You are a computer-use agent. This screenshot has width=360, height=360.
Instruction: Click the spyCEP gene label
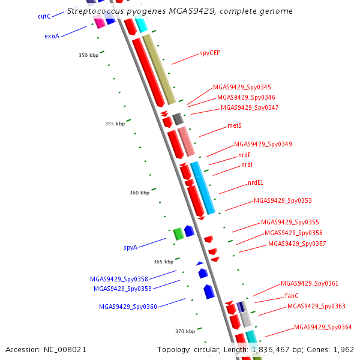[x=210, y=53]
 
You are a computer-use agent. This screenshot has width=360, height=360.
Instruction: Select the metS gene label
[x=235, y=125]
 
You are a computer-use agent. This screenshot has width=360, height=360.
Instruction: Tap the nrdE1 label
[x=256, y=182]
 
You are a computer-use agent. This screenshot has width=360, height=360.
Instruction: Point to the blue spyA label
[x=130, y=247]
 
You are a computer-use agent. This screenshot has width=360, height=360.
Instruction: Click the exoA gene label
[x=52, y=36]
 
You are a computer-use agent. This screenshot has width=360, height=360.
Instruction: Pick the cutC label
[x=44, y=16]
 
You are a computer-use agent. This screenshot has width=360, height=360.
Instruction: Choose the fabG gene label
[x=292, y=296]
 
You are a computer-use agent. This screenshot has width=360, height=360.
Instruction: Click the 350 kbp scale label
[x=89, y=55]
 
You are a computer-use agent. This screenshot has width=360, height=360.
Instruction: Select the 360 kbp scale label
[x=140, y=193]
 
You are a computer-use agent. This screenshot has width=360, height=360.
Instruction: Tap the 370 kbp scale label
[x=185, y=331]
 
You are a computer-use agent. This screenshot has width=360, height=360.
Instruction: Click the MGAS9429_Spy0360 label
[x=128, y=307]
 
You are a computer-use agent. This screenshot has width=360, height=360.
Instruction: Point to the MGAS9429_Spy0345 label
[x=242, y=87]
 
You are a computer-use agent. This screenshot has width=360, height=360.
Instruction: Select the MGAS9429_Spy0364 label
[x=323, y=327]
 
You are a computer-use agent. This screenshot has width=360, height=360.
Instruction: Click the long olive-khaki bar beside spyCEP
[x=159, y=70]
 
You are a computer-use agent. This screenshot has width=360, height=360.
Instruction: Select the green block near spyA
[x=178, y=234]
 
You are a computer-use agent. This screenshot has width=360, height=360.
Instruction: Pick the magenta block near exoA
[x=99, y=22]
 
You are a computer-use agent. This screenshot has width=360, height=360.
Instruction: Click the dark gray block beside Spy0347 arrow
[x=178, y=119]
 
